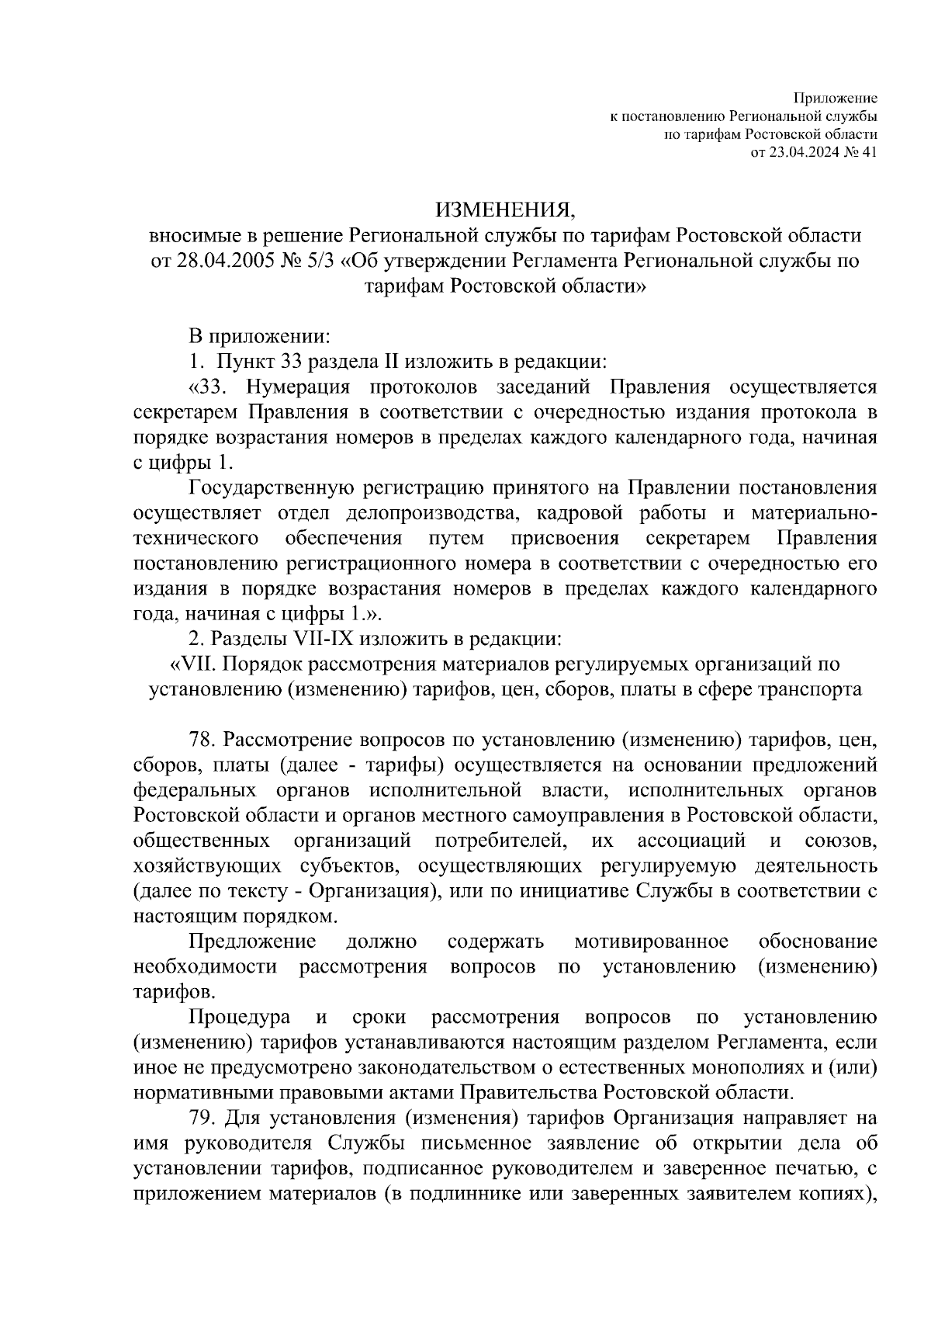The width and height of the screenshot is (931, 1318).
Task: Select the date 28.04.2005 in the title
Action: (222, 261)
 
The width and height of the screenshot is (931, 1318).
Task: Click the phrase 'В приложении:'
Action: (260, 336)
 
